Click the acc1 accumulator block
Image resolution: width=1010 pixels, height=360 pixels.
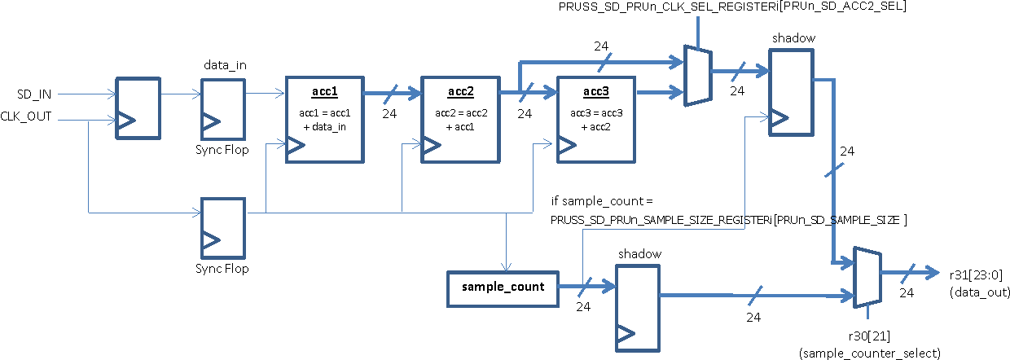324,120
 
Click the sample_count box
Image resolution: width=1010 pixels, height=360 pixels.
503,287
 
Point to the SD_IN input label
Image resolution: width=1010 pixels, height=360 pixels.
33,94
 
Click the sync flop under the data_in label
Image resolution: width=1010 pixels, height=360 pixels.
222,109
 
